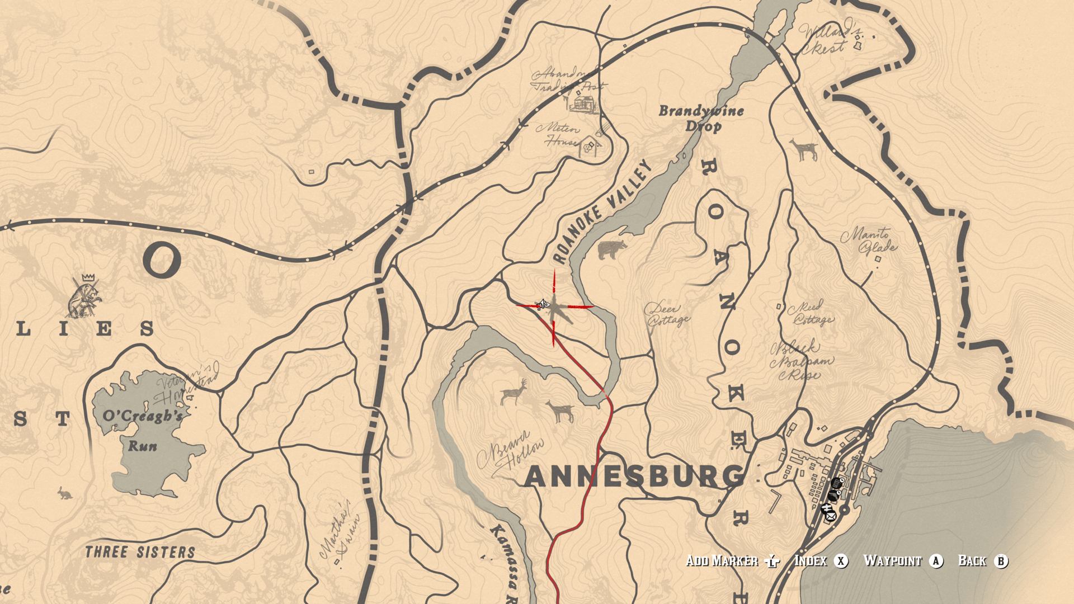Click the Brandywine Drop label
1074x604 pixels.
tap(701, 118)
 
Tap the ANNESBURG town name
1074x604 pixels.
tap(635, 476)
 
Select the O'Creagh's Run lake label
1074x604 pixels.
tap(143, 430)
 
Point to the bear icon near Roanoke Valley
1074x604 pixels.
tap(612, 249)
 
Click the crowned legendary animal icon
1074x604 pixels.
tap(84, 296)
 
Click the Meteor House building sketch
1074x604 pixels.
tap(590, 147)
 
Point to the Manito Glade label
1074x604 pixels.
tap(868, 239)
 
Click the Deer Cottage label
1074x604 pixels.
tap(667, 314)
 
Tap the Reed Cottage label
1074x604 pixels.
tap(810, 313)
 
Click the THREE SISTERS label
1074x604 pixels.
tap(140, 553)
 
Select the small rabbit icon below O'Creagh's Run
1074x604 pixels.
tap(65, 493)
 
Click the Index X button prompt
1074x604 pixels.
tap(821, 561)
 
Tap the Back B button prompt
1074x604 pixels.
tap(983, 561)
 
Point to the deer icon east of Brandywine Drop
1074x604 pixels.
tap(804, 150)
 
